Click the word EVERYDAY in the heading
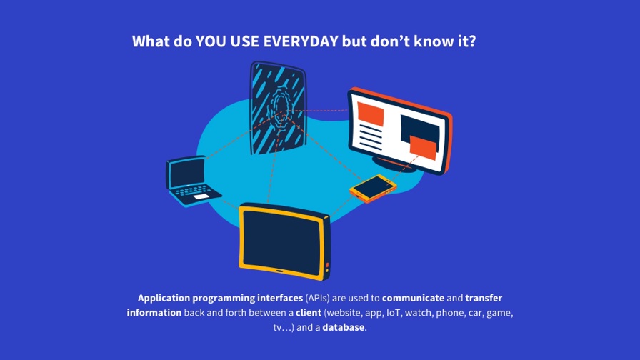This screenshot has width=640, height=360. tap(301, 41)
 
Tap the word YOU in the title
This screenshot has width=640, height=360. tap(211, 41)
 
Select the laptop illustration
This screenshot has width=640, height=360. tap(193, 181)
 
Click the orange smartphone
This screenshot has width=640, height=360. tap(373, 189)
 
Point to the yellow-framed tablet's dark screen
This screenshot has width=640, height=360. tap(282, 242)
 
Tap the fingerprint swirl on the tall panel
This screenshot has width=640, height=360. tap(279, 107)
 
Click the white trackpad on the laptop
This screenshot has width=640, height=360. tap(201, 196)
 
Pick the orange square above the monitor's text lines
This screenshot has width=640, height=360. tap(371, 114)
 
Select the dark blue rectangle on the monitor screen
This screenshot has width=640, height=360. tap(419, 130)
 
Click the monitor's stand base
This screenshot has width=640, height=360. tap(394, 164)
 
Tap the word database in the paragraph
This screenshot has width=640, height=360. tap(344, 327)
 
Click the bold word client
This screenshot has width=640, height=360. tap(309, 313)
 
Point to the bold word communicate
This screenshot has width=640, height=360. tap(413, 298)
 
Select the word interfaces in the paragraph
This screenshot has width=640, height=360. tap(280, 298)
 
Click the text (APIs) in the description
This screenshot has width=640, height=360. tap(317, 298)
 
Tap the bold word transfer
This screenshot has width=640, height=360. tap(484, 298)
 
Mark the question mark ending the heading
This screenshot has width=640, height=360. tap(472, 41)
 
